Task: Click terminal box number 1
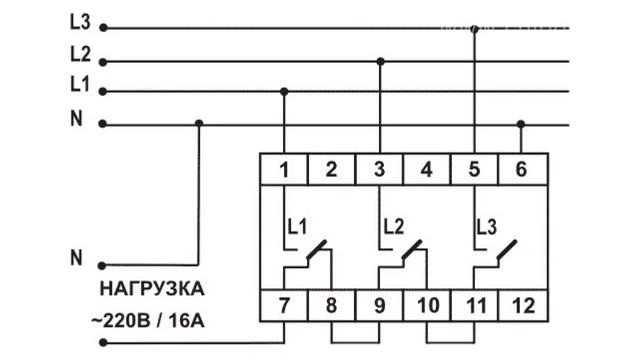[284, 169]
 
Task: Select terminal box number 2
[331, 169]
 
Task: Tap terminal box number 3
[379, 169]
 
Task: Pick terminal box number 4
[427, 169]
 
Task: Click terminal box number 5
[474, 169]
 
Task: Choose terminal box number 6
[520, 169]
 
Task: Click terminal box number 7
[284, 303]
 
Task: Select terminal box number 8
[331, 303]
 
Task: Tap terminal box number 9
[379, 303]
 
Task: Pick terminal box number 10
[427, 303]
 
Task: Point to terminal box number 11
[474, 303]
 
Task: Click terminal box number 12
[520, 303]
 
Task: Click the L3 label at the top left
[81, 21]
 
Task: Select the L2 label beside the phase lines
[81, 53]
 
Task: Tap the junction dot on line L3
[474, 29]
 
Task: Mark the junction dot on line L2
[379, 61]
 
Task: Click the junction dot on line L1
[284, 92]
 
